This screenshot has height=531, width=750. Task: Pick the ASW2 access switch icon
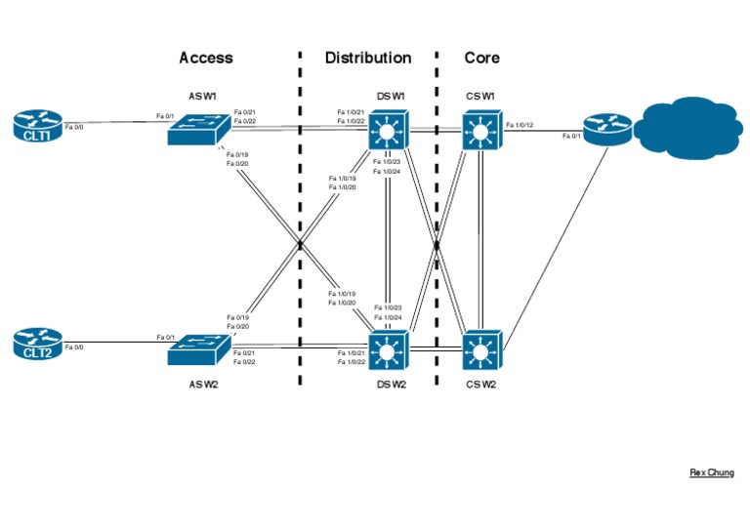click(x=200, y=350)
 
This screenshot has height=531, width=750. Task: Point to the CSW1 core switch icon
click(x=480, y=131)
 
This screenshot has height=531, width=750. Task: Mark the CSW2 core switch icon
click(x=480, y=349)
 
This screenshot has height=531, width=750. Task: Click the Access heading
click(x=206, y=58)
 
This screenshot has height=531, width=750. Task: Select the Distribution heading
click(x=368, y=58)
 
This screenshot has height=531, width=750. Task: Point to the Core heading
click(x=481, y=58)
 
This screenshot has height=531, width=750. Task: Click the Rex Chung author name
click(x=712, y=472)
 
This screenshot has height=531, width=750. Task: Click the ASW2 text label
click(x=203, y=385)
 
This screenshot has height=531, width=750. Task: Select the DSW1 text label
click(x=391, y=96)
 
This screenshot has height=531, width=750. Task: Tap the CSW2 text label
click(x=481, y=385)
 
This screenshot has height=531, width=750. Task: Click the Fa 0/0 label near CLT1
click(x=73, y=127)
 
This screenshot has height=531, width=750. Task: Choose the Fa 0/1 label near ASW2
click(x=165, y=337)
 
